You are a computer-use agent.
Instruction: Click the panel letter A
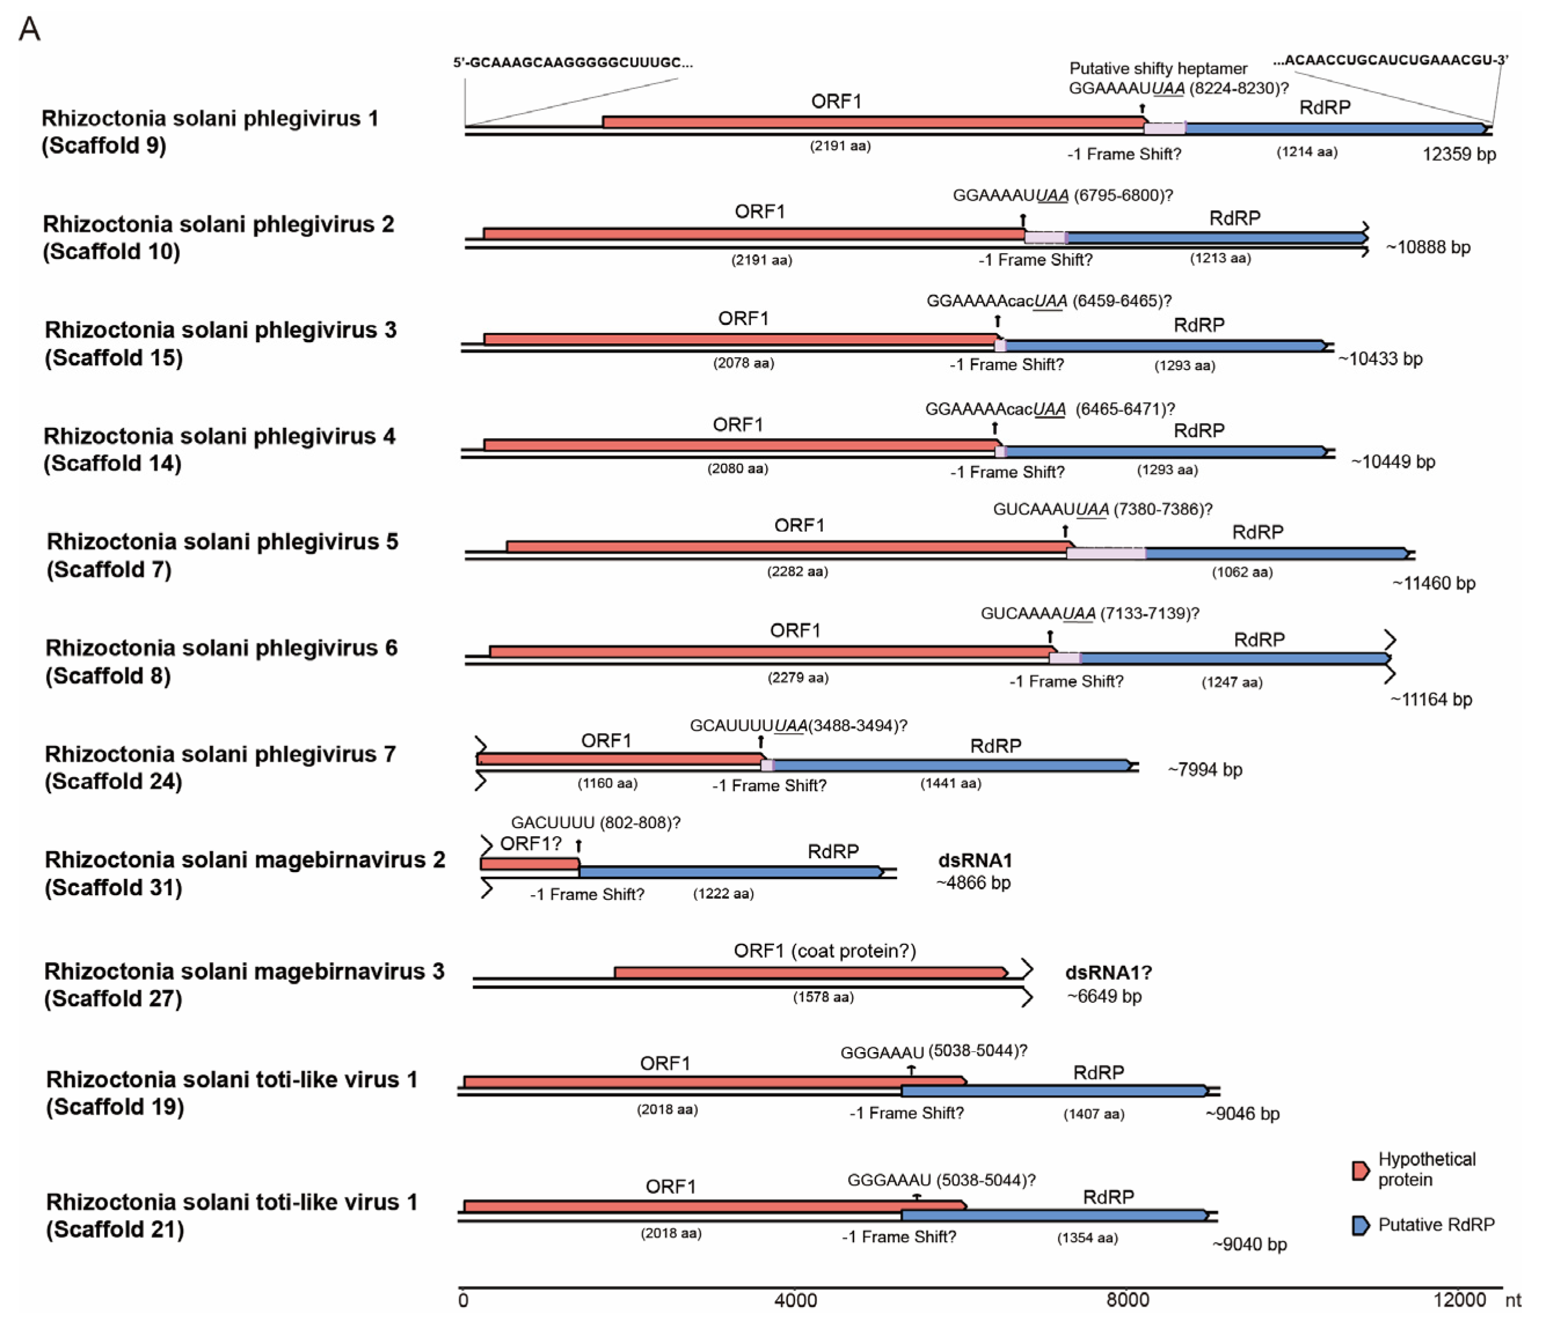(x=29, y=30)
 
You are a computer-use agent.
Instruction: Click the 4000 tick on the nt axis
(x=795, y=1300)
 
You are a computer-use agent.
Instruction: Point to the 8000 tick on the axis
(x=1127, y=1300)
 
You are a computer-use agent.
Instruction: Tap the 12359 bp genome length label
(x=1459, y=154)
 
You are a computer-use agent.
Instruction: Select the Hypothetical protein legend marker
(x=1360, y=1170)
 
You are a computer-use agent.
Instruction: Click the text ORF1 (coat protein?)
(x=824, y=951)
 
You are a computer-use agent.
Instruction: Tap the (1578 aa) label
(x=823, y=997)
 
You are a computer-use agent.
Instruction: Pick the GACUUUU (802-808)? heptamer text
(x=595, y=822)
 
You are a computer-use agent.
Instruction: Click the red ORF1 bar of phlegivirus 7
(x=618, y=759)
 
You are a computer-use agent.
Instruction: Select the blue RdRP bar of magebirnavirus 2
(x=730, y=871)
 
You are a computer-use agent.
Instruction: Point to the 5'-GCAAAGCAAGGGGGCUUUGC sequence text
(x=573, y=63)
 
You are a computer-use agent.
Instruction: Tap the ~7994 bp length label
(x=1205, y=770)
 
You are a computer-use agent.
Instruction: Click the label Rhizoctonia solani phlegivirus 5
(x=222, y=542)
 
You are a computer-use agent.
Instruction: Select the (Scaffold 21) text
(x=115, y=1229)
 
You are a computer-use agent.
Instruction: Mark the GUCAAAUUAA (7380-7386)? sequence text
(x=1102, y=510)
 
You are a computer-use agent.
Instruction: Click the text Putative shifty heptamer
(x=1158, y=68)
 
